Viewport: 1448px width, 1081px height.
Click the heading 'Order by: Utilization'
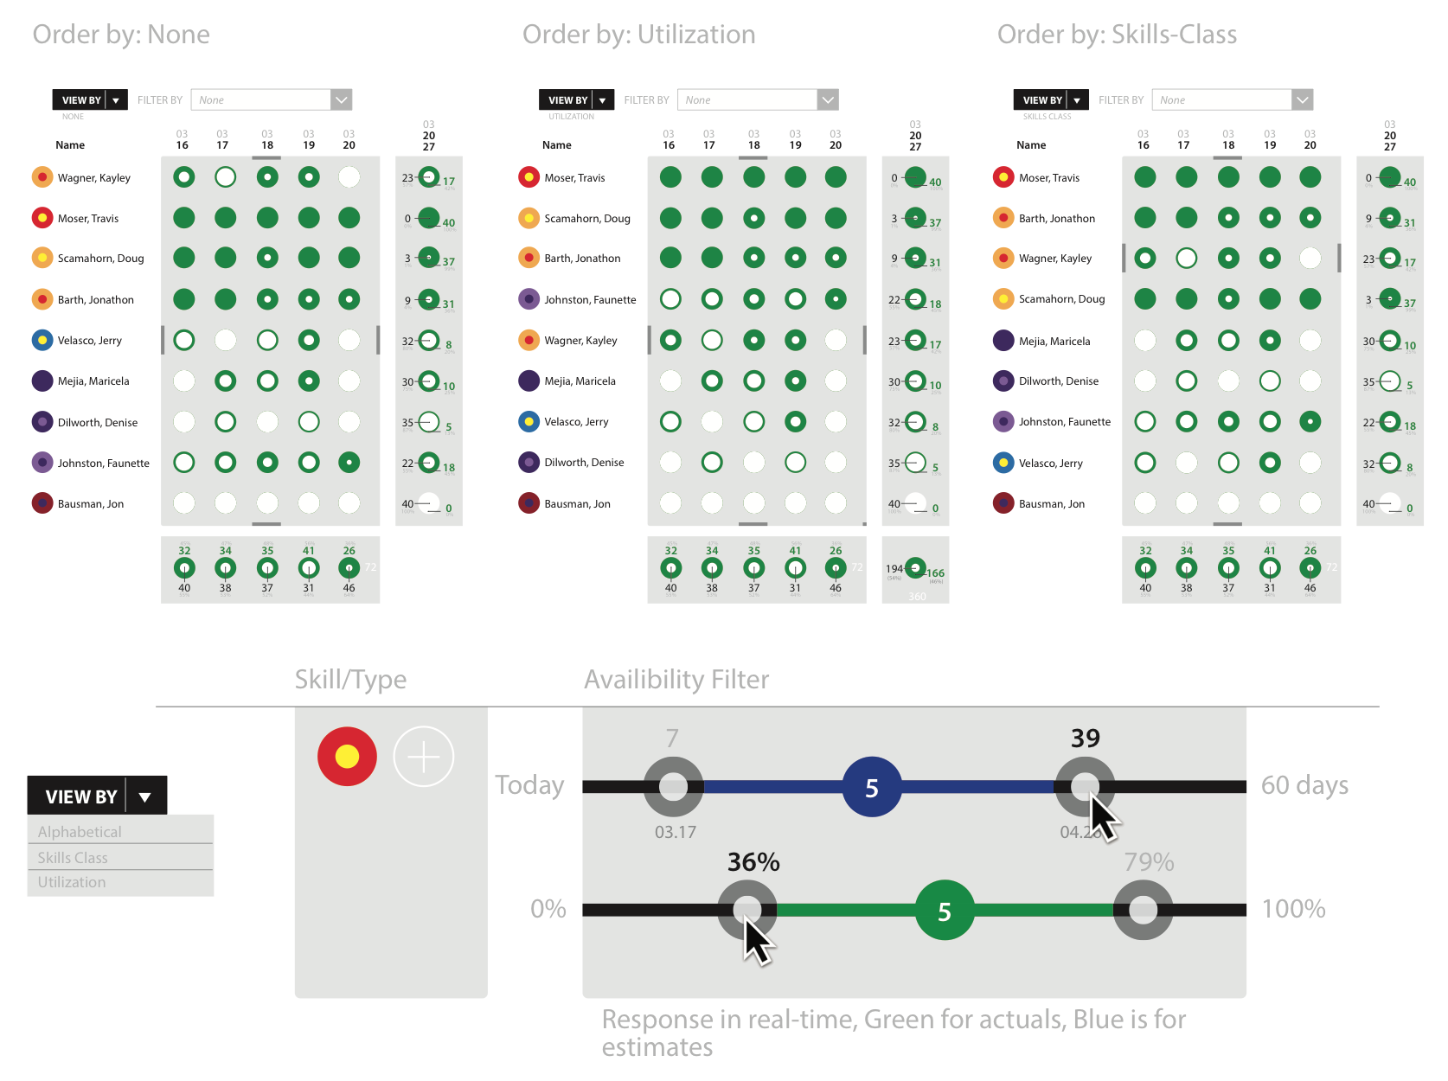638,35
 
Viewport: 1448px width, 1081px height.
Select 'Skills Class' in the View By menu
74,858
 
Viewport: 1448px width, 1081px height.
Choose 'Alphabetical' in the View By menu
80,832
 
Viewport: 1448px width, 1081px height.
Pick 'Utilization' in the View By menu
72,882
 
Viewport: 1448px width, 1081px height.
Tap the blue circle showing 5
871,787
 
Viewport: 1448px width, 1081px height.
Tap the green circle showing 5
944,911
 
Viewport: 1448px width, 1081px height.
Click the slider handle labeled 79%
1143,910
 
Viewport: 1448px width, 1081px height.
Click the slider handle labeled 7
673,787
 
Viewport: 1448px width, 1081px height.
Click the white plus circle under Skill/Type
423,757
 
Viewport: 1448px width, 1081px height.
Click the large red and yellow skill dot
347,757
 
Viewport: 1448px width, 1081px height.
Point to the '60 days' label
1304,785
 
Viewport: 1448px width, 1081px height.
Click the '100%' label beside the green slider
1293,909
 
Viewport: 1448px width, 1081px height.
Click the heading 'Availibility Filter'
676,680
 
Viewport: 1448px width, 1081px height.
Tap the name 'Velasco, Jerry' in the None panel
90,341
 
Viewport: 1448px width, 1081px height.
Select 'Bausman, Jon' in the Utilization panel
577,504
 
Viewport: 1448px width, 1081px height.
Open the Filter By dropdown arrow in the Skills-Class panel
1302,100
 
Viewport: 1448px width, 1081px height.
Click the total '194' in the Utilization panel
894,569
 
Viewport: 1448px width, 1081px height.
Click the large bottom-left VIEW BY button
97,796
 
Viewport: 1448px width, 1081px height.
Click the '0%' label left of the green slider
548,909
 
